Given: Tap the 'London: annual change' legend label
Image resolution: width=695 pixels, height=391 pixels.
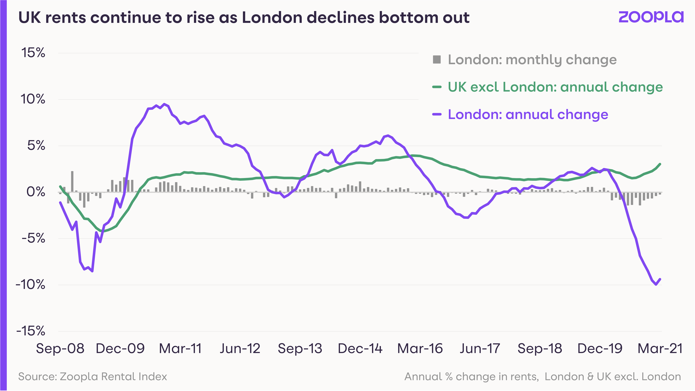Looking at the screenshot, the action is pyautogui.click(x=528, y=114).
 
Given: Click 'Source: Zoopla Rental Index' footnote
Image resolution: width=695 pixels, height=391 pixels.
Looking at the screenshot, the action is pyautogui.click(x=93, y=376).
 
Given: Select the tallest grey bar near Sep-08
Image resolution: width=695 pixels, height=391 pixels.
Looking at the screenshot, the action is pyautogui.click(x=72, y=182).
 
